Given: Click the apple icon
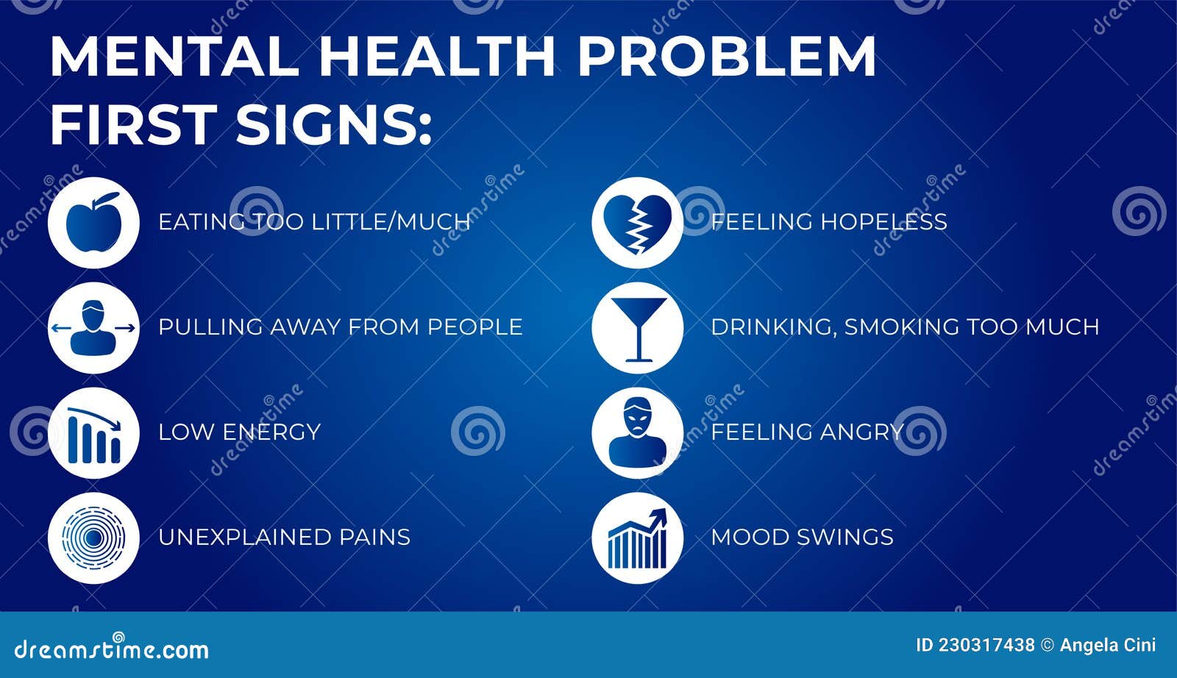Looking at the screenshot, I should (93, 222).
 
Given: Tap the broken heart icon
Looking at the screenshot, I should (637, 222).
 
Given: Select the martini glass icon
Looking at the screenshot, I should (637, 328).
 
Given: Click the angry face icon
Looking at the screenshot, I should (637, 433).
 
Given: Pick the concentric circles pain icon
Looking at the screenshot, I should (93, 538).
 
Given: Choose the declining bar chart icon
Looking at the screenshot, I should (93, 434).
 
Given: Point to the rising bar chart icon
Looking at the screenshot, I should (637, 539).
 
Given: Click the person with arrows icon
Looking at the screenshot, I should (93, 328).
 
